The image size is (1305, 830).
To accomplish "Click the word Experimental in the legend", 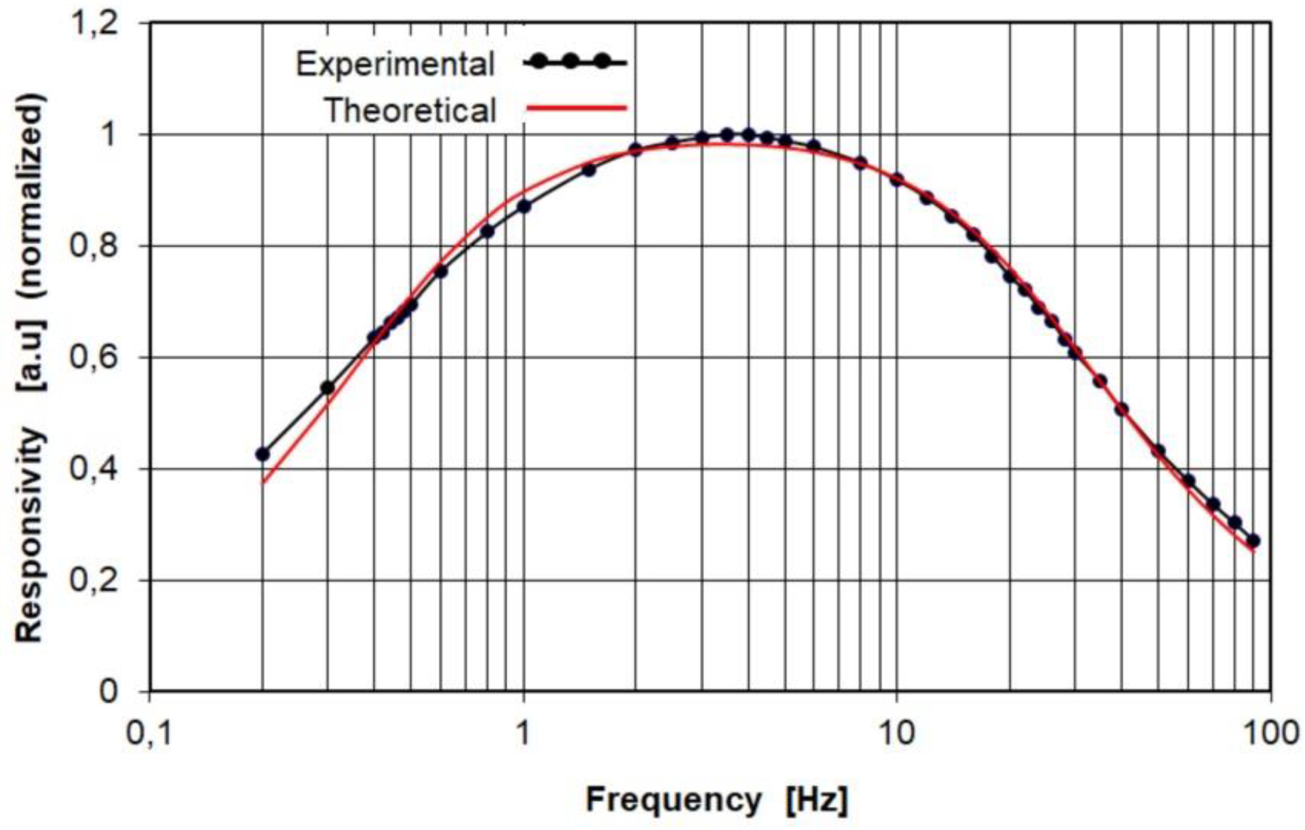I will click(395, 64).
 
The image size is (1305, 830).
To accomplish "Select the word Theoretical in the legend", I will click(411, 110).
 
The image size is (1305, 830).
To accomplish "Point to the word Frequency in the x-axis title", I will click(673, 800).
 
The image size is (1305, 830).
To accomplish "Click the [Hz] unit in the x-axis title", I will click(816, 800).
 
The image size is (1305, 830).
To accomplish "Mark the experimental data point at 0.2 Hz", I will click(262, 454).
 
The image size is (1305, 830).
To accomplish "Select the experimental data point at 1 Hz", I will click(524, 207).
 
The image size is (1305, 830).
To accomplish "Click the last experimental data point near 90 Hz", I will click(1253, 541).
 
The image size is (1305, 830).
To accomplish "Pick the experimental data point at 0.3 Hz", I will click(327, 388).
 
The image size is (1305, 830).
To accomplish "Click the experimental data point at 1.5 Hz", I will click(589, 170).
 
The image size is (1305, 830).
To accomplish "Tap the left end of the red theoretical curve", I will click(263, 482).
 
